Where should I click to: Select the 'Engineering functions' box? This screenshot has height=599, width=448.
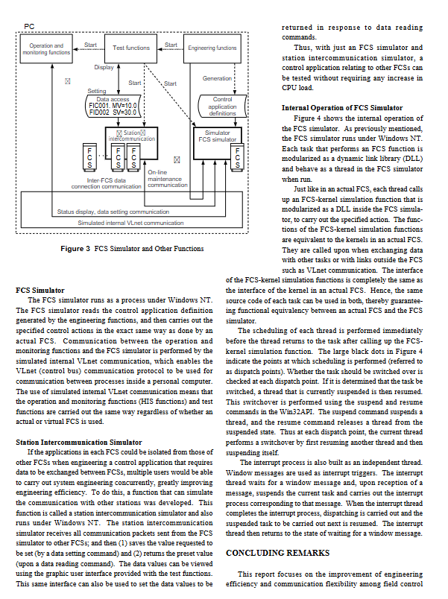click(212, 48)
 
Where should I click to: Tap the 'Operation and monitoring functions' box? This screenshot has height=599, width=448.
click(46, 48)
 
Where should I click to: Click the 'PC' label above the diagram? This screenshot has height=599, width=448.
click(29, 26)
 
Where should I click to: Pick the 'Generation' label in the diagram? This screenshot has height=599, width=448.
click(218, 78)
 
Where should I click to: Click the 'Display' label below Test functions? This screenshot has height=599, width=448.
click(104, 68)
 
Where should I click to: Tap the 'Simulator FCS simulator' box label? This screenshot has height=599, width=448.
click(217, 136)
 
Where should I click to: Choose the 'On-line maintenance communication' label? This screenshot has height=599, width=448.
click(168, 179)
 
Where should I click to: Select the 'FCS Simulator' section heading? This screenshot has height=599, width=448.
click(40, 290)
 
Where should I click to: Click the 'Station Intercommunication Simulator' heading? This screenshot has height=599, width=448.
click(78, 442)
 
